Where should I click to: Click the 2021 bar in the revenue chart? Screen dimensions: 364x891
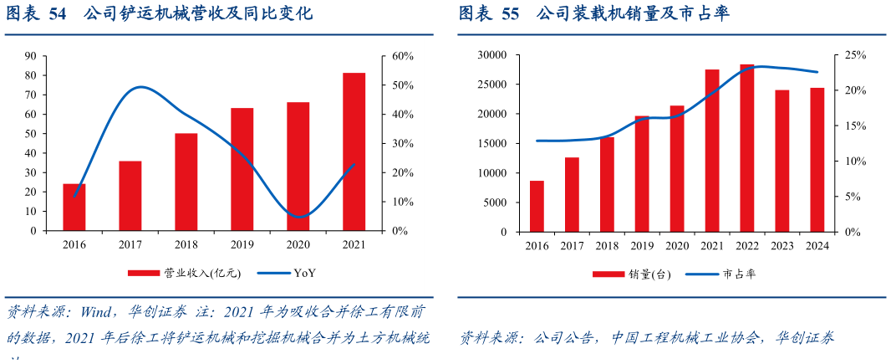[354, 151]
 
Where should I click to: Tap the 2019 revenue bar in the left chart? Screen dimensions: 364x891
[242, 169]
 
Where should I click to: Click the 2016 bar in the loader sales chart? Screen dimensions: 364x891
[537, 206]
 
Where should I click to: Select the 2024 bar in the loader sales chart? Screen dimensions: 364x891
[817, 160]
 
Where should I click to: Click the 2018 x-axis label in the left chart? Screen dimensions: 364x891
[186, 244]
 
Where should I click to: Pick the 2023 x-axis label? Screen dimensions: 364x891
[782, 245]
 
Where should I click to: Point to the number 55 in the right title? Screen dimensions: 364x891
[510, 14]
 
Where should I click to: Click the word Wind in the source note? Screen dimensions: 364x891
[98, 312]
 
